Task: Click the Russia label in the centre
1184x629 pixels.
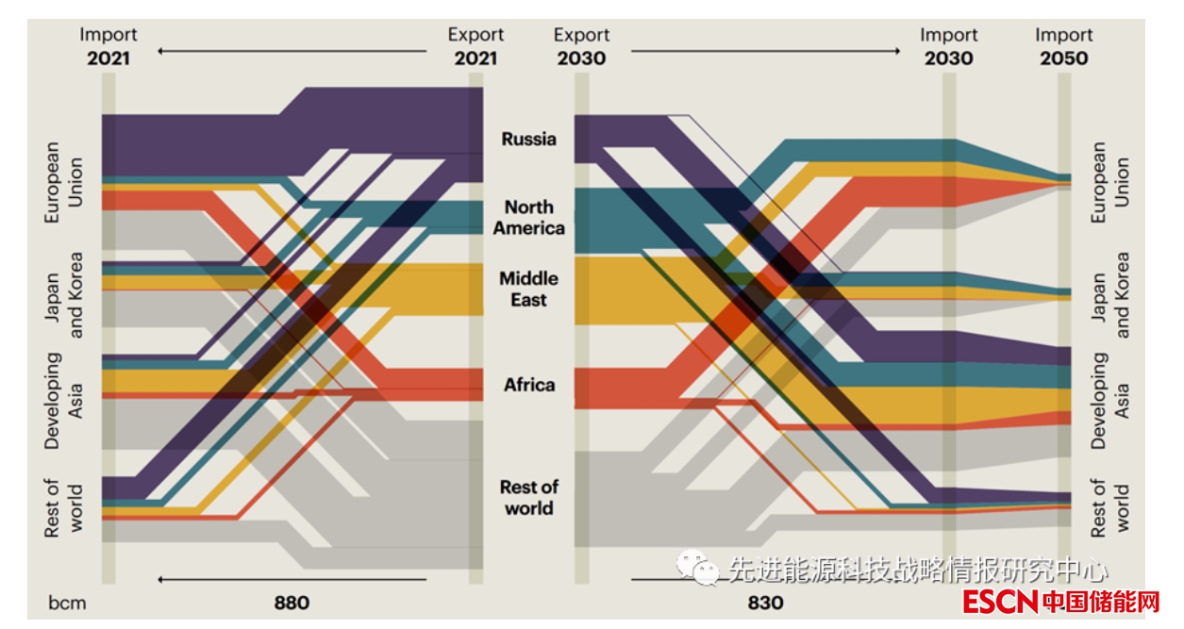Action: pos(528,139)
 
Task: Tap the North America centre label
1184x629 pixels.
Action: pos(528,217)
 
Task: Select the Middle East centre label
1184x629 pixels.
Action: pos(528,289)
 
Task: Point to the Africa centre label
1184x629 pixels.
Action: pos(528,385)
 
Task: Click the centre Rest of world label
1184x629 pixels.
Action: pos(528,497)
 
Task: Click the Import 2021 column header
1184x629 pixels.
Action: pos(108,46)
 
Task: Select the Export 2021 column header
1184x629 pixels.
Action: pos(475,46)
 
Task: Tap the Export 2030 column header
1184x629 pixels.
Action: pos(581,46)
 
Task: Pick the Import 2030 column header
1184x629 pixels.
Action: pos(948,46)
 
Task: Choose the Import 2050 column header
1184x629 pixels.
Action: pos(1063,46)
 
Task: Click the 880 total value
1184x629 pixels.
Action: pos(292,602)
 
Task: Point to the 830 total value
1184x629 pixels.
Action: pos(765,602)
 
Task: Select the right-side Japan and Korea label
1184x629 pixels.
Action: pos(1110,294)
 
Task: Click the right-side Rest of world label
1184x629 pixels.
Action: pos(1110,508)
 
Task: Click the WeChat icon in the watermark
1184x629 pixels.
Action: pos(699,568)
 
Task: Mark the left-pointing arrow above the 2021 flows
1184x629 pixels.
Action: pos(292,51)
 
